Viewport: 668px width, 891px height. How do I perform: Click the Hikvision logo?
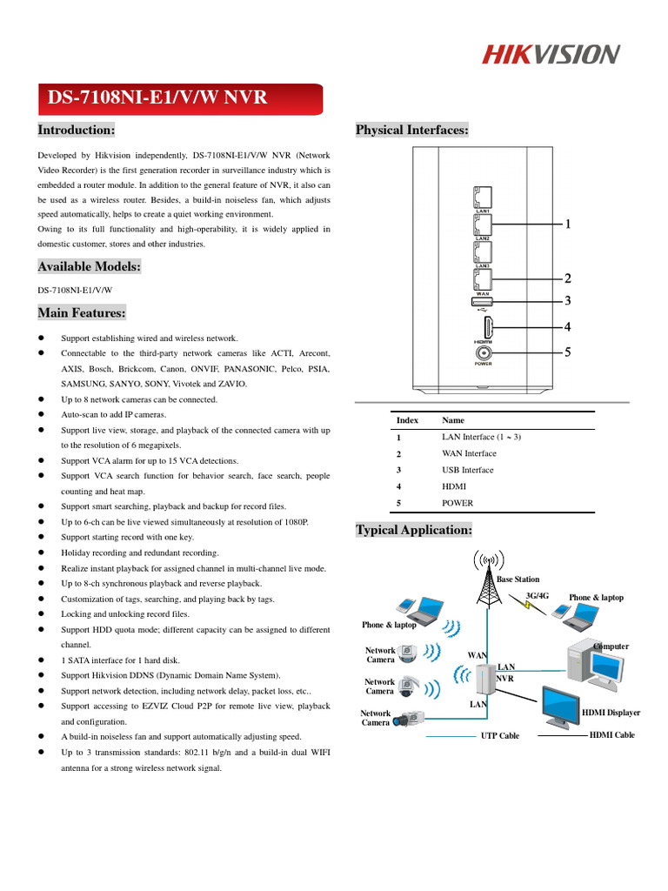click(x=551, y=55)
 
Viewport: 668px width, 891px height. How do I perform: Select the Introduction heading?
click(x=77, y=130)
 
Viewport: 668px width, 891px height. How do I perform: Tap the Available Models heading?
click(x=89, y=266)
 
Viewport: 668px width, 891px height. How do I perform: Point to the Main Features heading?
click(x=82, y=312)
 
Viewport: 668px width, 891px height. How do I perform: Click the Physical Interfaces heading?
click(x=412, y=131)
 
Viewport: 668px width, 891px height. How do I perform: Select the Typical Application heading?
click(x=414, y=530)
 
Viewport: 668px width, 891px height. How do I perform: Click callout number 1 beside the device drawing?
click(x=568, y=224)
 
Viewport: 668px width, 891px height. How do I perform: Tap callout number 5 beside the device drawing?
click(x=568, y=352)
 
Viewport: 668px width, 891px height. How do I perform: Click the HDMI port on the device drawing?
click(x=483, y=328)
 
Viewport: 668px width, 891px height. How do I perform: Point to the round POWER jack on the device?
click(x=483, y=353)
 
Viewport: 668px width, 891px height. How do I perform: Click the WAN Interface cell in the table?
click(x=469, y=453)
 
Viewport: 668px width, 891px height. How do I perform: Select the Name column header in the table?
click(x=453, y=420)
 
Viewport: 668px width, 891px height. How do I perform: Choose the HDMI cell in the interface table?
click(x=455, y=486)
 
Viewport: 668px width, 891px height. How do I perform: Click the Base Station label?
click(x=518, y=579)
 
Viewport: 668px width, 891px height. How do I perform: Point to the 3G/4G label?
click(x=537, y=596)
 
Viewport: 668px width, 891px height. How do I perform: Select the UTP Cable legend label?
click(x=500, y=735)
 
